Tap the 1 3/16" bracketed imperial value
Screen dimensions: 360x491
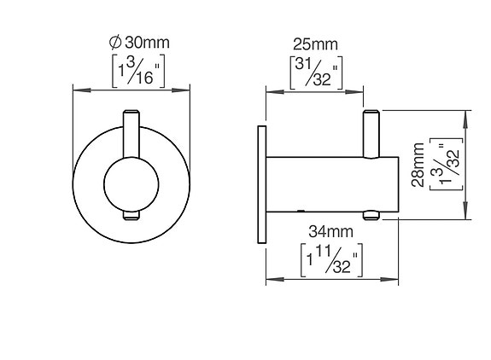pos(132,72)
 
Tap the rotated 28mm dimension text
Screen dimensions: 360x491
pos(418,164)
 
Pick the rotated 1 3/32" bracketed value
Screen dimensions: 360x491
pos(446,164)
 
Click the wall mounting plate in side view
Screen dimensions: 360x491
pos(258,184)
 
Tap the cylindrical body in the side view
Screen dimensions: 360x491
pos(333,184)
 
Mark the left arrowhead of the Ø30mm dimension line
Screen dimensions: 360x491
pos(78,89)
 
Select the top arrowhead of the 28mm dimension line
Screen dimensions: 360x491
pos(466,113)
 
